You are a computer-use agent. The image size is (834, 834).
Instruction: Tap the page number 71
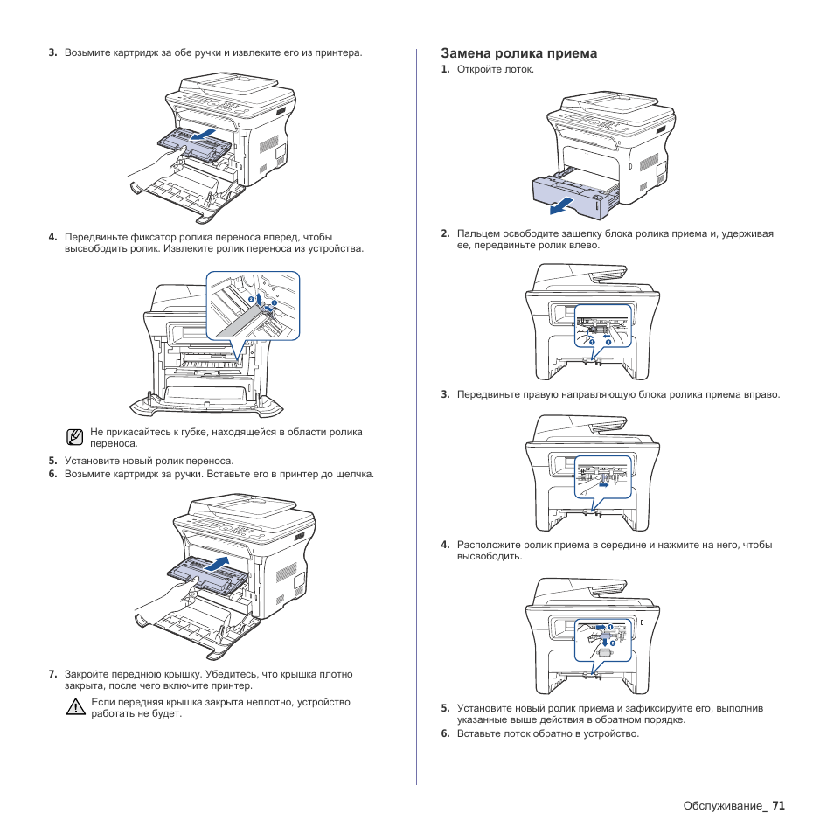(x=778, y=806)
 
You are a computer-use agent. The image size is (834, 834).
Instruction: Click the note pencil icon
(x=76, y=436)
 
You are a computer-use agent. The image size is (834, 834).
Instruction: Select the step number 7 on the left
(x=52, y=674)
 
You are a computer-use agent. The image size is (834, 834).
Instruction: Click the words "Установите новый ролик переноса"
(x=149, y=461)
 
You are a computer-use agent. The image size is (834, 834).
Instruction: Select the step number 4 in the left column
(x=52, y=237)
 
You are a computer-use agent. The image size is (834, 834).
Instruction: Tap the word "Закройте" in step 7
(x=87, y=674)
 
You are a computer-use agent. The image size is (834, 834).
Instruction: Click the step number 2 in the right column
(x=445, y=233)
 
